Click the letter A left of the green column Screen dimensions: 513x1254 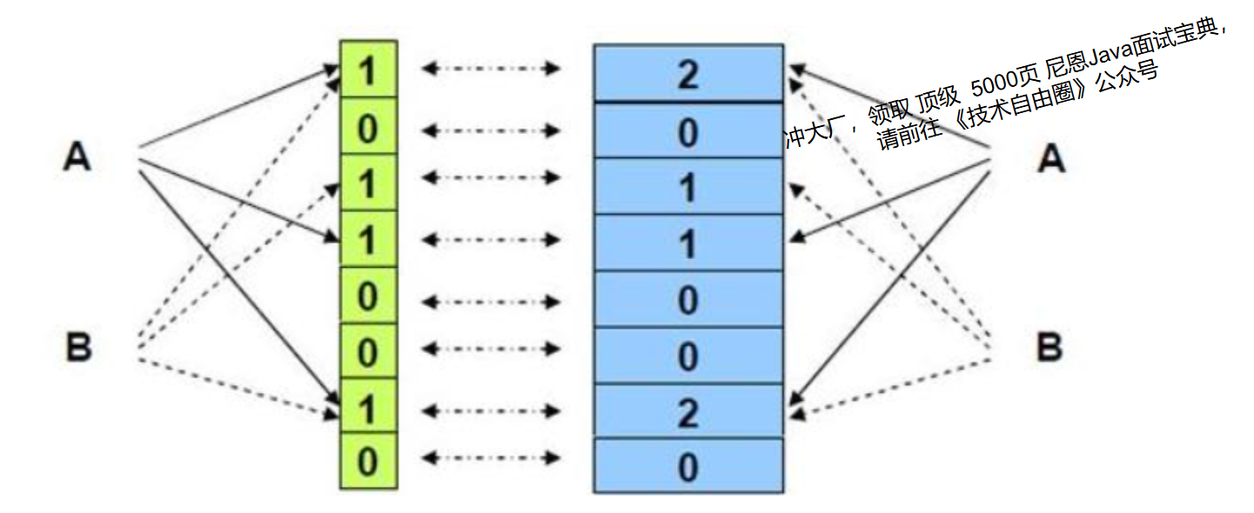point(77,157)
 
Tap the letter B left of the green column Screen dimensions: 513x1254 point(78,348)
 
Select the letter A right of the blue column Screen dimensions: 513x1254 point(1051,158)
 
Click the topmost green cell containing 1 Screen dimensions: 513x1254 point(368,70)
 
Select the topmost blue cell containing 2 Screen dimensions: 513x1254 point(687,75)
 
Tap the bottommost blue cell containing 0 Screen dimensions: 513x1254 point(687,467)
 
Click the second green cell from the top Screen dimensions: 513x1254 point(368,128)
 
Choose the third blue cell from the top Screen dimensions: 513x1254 point(687,187)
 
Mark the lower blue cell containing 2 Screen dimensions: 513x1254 point(687,412)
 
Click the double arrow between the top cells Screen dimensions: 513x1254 point(490,69)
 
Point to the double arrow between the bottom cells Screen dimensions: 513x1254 point(490,457)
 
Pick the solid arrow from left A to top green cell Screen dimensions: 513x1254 point(235,109)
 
